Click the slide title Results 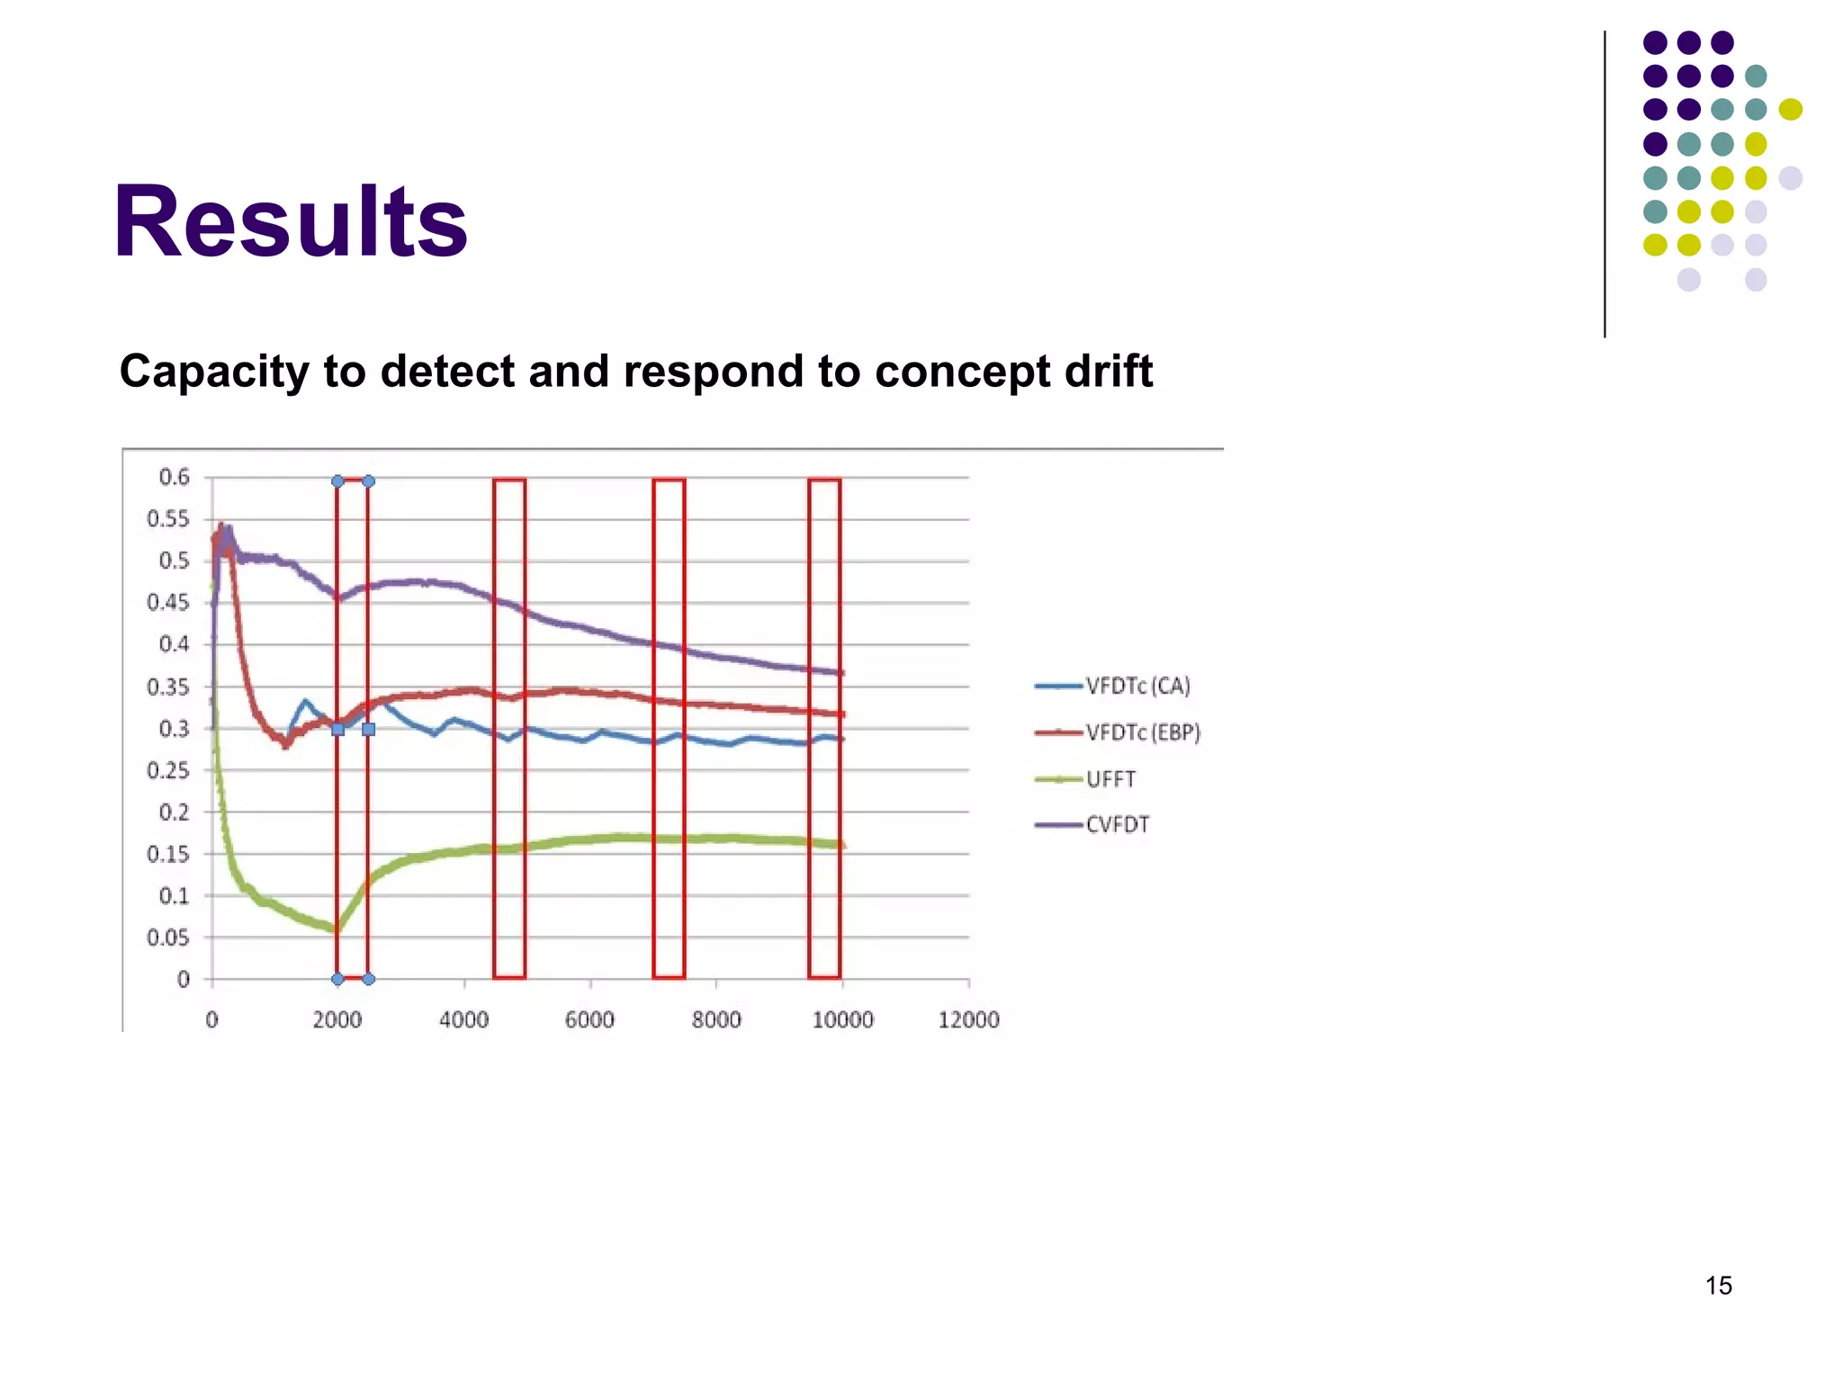click(x=291, y=222)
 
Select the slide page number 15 click(x=1718, y=1286)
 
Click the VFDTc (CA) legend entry click(x=1137, y=687)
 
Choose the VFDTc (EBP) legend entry click(x=1143, y=733)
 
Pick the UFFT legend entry click(x=1110, y=779)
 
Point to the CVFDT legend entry click(x=1117, y=825)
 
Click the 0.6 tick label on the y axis click(x=175, y=477)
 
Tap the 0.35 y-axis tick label click(x=168, y=687)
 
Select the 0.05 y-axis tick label click(x=168, y=938)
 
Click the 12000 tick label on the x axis click(x=968, y=1020)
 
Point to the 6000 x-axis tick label click(x=589, y=1020)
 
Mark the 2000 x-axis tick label click(x=337, y=1020)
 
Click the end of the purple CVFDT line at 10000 click(x=841, y=673)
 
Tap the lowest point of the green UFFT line click(x=337, y=929)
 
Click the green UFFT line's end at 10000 click(x=841, y=845)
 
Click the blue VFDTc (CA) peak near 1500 click(x=305, y=701)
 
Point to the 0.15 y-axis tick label click(x=168, y=855)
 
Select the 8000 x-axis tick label click(x=716, y=1020)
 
